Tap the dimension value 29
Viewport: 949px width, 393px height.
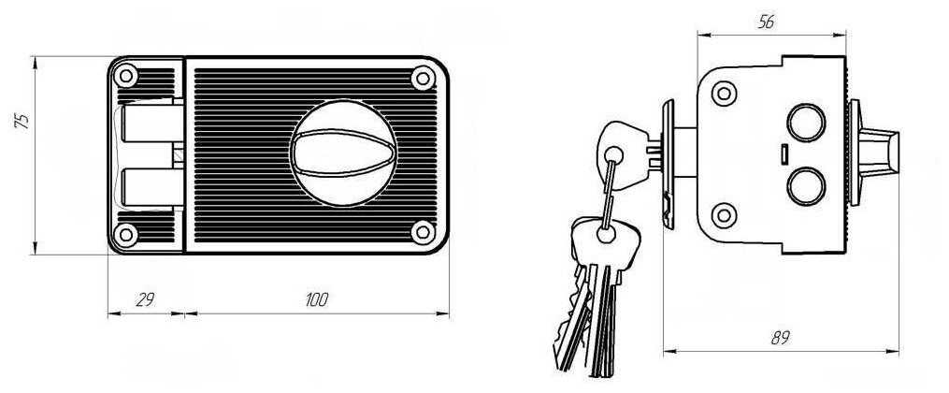point(145,299)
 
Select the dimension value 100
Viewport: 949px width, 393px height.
point(317,299)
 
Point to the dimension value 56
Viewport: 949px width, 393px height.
point(766,23)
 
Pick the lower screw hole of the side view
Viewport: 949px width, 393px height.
point(723,214)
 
